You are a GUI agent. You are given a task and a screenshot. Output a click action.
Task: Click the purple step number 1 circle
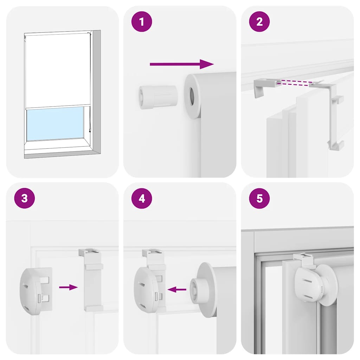[142, 22]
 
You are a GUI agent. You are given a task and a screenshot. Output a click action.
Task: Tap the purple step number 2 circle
[259, 22]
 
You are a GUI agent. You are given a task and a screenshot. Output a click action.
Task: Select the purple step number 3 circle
[24, 198]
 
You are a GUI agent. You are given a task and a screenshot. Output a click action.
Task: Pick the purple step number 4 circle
[142, 198]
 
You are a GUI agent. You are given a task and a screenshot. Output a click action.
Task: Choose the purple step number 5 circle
[259, 198]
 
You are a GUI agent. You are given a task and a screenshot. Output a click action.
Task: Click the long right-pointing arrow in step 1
[181, 64]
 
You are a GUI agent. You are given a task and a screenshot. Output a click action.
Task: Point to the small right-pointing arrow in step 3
[68, 287]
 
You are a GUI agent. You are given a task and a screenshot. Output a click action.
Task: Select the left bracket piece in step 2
[263, 86]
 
